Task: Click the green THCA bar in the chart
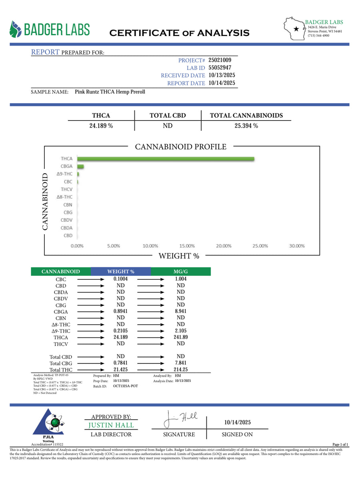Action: click(x=166, y=159)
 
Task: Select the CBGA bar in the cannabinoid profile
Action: click(x=80, y=166)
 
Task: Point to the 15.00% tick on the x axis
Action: click(x=187, y=246)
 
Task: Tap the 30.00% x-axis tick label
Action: click(x=297, y=246)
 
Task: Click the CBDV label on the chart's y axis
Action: click(x=67, y=220)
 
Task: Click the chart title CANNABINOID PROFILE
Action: click(x=180, y=147)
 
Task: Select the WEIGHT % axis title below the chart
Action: click(x=179, y=256)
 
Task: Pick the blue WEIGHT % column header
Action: click(x=121, y=272)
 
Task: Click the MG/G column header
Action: click(x=181, y=272)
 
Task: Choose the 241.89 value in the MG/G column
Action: click(x=181, y=337)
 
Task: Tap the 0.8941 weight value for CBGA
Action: click(x=121, y=311)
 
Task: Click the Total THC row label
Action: click(x=61, y=370)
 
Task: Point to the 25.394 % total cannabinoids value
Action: click(x=246, y=126)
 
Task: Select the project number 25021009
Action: click(x=220, y=60)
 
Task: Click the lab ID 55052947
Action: click(x=220, y=68)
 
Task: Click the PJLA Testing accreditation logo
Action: click(x=48, y=425)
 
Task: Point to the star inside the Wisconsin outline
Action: click(x=296, y=29)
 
